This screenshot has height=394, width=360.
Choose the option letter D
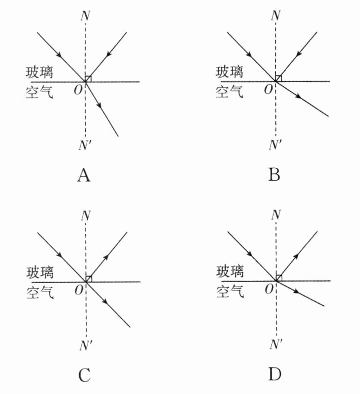pyautogui.click(x=275, y=375)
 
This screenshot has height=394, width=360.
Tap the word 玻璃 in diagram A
pyautogui.click(x=40, y=72)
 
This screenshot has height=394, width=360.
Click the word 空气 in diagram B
pyautogui.click(x=230, y=91)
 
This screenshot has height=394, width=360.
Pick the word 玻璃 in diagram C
pyautogui.click(x=40, y=273)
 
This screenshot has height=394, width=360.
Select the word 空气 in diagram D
pyautogui.click(x=230, y=291)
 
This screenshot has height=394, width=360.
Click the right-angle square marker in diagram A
pyautogui.click(x=88, y=79)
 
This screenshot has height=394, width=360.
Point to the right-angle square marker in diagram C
pyautogui.click(x=88, y=279)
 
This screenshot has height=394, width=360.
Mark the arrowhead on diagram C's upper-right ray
pyautogui.click(x=106, y=257)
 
